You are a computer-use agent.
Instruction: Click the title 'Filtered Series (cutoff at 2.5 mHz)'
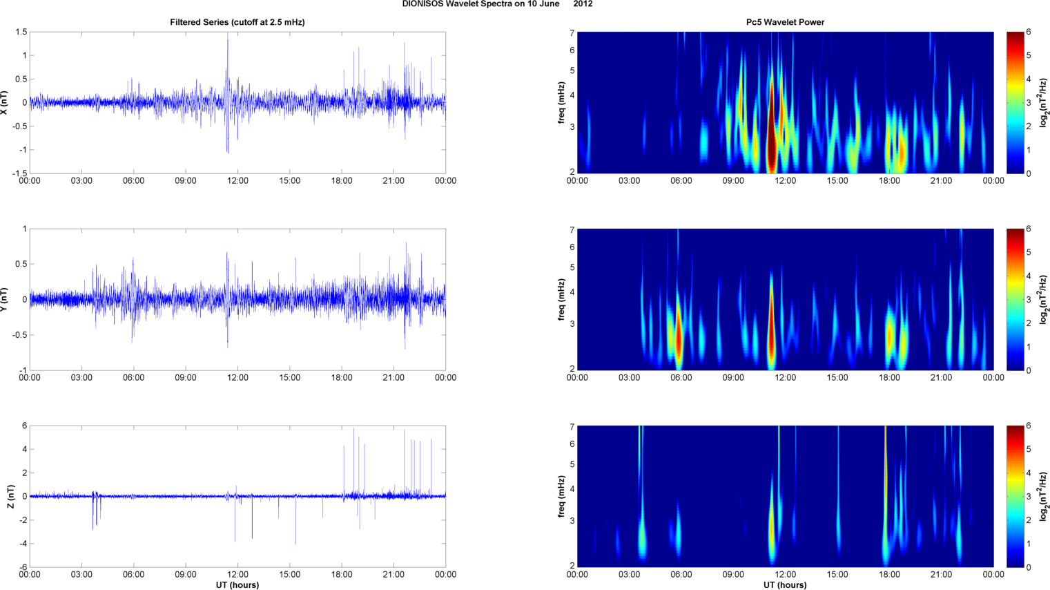237,22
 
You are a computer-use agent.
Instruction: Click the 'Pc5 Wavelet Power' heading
785,22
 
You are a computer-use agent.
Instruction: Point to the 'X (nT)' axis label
5,102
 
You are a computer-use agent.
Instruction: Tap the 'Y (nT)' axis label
5,299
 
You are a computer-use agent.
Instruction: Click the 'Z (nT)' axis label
10,496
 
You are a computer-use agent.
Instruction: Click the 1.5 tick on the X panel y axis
21,32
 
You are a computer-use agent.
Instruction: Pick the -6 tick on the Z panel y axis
23,567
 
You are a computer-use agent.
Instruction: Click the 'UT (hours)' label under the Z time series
237,584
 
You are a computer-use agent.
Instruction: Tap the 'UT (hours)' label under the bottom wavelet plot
785,584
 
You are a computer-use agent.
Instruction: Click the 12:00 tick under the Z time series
237,574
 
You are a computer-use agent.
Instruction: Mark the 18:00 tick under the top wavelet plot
889,181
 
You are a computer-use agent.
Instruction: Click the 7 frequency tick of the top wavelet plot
572,33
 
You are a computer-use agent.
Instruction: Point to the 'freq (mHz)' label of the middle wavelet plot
562,299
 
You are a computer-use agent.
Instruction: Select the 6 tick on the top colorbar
1029,32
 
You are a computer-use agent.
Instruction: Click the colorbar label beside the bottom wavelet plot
1042,496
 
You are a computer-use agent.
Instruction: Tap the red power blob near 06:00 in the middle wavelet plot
679,339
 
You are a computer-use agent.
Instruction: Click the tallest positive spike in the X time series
227,41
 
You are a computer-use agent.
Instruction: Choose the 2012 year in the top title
583,4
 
